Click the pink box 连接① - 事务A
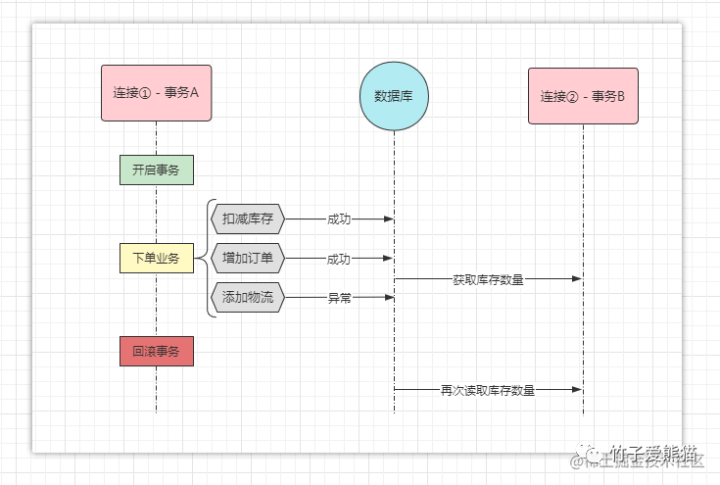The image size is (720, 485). [x=157, y=93]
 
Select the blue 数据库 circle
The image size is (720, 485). [x=394, y=96]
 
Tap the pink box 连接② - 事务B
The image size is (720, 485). [x=583, y=96]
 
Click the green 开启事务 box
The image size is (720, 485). [x=157, y=170]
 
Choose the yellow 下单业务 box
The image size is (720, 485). [x=157, y=259]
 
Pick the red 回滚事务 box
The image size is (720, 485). [x=157, y=351]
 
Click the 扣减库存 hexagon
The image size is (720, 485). [x=248, y=219]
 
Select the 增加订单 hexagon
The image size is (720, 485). [x=248, y=259]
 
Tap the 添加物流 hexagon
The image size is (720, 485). [x=248, y=297]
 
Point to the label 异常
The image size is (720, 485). [x=339, y=298]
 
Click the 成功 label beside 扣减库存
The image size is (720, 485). [x=339, y=219]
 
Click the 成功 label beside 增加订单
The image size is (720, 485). [x=339, y=259]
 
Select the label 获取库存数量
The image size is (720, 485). [x=488, y=279]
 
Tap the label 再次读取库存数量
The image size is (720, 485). [x=488, y=390]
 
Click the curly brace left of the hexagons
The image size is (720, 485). [x=209, y=259]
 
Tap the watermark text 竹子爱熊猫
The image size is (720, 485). [x=654, y=453]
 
